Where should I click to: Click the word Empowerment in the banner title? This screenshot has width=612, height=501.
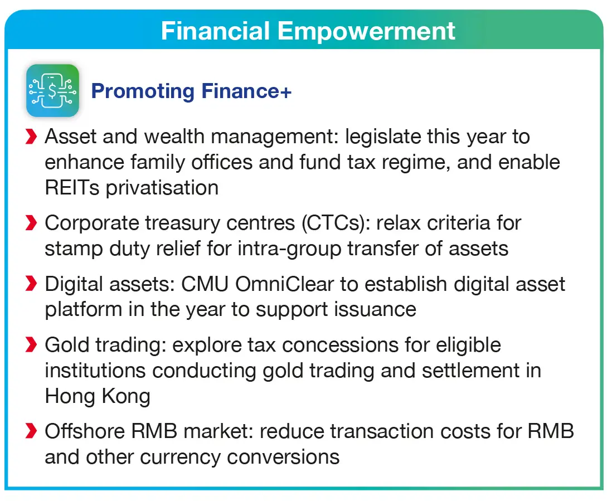[366, 31]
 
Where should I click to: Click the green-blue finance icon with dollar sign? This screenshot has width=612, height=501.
[53, 90]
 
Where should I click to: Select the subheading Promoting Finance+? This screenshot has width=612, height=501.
[191, 91]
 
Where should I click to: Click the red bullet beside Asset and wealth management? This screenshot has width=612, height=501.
[31, 137]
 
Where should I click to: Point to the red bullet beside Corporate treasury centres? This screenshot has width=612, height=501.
[31, 223]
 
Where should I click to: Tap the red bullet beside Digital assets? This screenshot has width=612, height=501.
[31, 284]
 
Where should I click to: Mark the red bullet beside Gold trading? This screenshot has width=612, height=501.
[31, 344]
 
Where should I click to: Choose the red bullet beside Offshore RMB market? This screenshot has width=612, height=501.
[31, 431]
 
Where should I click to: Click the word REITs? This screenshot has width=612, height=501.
[72, 188]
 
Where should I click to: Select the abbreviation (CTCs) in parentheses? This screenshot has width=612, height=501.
[336, 223]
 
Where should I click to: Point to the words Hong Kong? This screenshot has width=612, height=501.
[98, 396]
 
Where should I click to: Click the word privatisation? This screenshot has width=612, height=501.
[162, 188]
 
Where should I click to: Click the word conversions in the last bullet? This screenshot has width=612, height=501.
[283, 457]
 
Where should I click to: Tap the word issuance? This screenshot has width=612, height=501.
[375, 310]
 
